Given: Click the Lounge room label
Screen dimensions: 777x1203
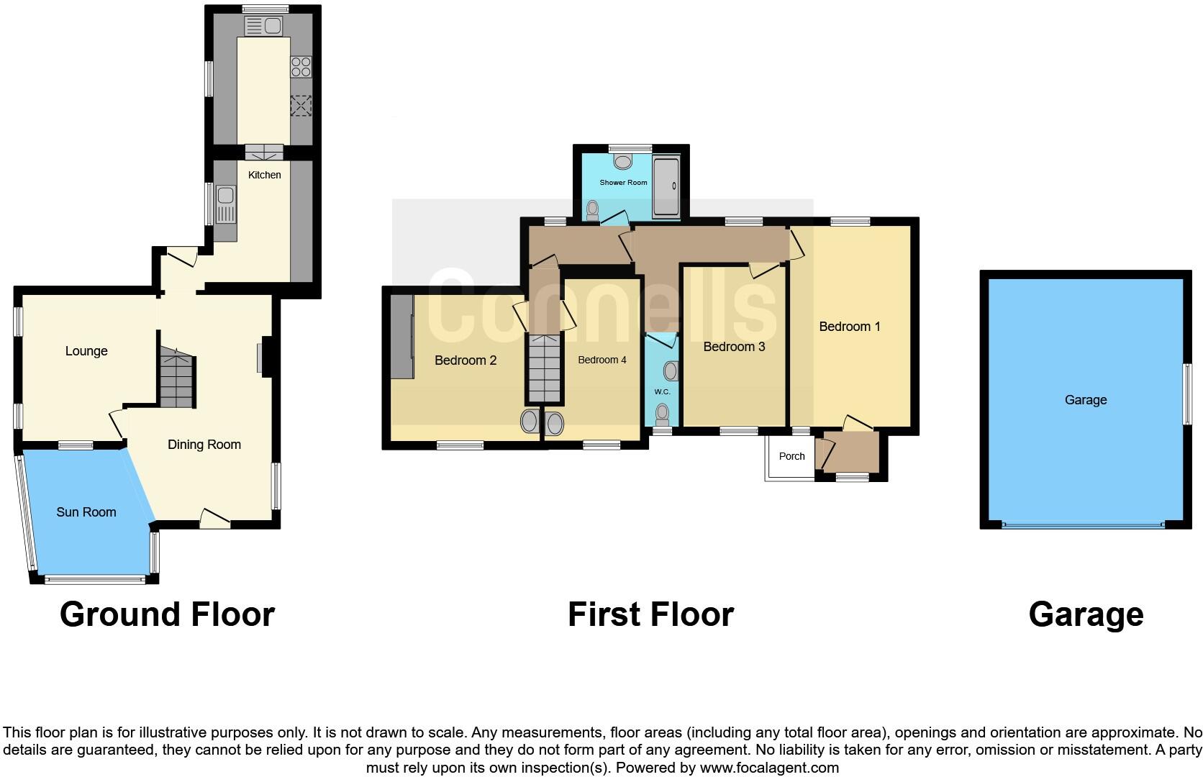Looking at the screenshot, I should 86,351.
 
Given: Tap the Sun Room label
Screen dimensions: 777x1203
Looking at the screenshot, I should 86,512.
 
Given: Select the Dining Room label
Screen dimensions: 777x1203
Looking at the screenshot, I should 204,445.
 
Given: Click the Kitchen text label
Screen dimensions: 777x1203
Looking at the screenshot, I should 264,175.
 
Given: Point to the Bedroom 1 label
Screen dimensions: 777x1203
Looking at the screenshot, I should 850,327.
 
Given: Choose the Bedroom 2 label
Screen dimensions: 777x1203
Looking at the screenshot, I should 466,360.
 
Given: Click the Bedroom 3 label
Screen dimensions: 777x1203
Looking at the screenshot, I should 734,347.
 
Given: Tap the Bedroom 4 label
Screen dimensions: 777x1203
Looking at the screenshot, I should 602,360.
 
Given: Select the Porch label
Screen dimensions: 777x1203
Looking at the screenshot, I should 792,456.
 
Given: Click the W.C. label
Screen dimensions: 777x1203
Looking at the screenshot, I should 662,392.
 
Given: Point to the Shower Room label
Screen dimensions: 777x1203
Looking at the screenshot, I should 624,183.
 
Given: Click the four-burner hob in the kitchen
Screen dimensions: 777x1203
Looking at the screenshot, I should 301,68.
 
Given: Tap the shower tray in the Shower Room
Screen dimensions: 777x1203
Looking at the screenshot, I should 666,187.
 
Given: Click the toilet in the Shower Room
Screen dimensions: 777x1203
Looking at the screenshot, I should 593,210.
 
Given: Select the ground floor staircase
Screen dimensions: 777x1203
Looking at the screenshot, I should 177,378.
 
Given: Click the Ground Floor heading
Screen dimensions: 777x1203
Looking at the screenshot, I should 167,615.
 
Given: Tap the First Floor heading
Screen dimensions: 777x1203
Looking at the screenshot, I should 650,615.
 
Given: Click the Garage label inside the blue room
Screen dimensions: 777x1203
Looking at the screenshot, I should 1085,400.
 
